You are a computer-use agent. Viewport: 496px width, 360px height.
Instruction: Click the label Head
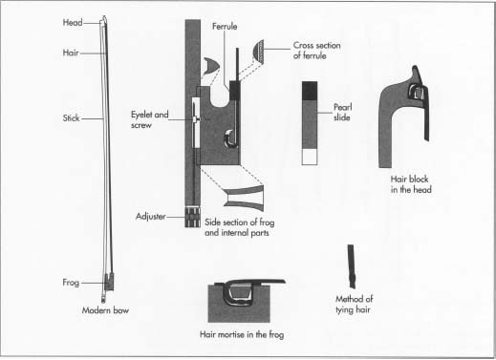click(x=73, y=23)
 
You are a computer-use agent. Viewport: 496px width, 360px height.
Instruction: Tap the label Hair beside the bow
click(x=71, y=53)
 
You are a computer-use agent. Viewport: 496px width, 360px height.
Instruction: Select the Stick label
click(x=71, y=118)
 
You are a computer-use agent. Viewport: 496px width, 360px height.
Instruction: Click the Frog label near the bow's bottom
click(x=71, y=283)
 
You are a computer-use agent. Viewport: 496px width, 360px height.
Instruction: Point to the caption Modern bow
click(x=105, y=310)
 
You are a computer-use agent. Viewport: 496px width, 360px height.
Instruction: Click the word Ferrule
click(x=225, y=26)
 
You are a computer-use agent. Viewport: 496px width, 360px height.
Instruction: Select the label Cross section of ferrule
click(x=316, y=51)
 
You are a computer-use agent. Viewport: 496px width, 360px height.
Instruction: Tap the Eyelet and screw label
click(x=150, y=119)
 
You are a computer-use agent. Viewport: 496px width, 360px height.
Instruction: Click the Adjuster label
click(x=151, y=217)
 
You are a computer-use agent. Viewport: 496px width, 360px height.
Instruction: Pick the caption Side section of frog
click(x=240, y=222)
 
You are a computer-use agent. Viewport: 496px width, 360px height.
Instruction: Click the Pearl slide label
click(x=342, y=113)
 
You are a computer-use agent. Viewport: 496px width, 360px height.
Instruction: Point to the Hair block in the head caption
click(x=411, y=184)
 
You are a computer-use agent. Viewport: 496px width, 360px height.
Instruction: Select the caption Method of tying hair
click(x=354, y=305)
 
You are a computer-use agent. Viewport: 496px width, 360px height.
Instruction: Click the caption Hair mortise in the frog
click(x=242, y=334)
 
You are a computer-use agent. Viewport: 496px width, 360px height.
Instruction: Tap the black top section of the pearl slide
click(x=310, y=91)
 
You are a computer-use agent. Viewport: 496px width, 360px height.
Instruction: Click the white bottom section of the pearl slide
click(x=310, y=157)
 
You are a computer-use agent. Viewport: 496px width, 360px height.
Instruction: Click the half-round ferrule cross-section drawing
click(x=258, y=52)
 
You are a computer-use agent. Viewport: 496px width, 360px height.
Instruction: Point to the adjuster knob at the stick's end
click(x=193, y=217)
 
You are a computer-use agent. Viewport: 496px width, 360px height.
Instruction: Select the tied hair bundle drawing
click(x=351, y=266)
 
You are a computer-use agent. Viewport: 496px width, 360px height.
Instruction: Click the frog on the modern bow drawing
click(x=109, y=282)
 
